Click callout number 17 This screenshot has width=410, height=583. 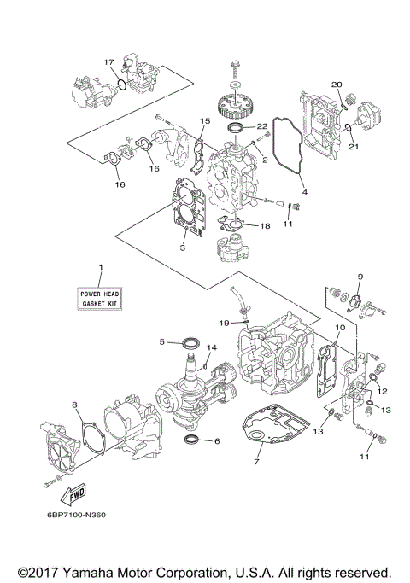108,62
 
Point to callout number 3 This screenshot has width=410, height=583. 181,248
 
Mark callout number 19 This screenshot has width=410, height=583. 221,323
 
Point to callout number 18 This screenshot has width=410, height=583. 265,226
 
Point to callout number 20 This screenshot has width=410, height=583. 337,85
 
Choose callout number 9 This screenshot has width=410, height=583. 360,277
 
